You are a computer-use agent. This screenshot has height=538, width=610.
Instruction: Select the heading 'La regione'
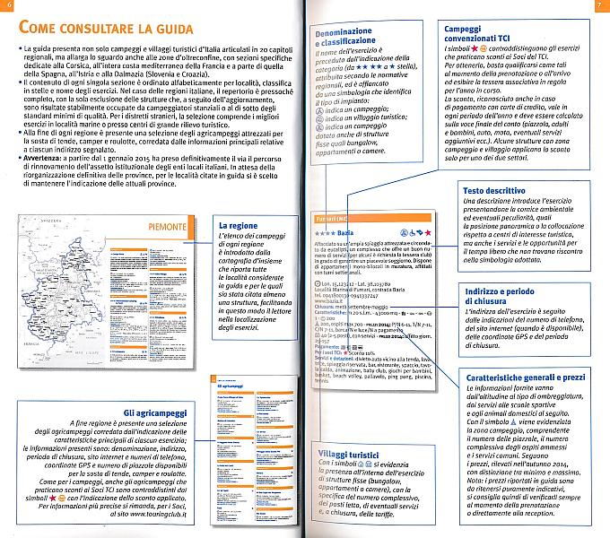click(238, 225)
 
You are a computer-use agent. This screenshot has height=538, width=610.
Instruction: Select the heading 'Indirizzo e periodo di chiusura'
click(503, 298)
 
